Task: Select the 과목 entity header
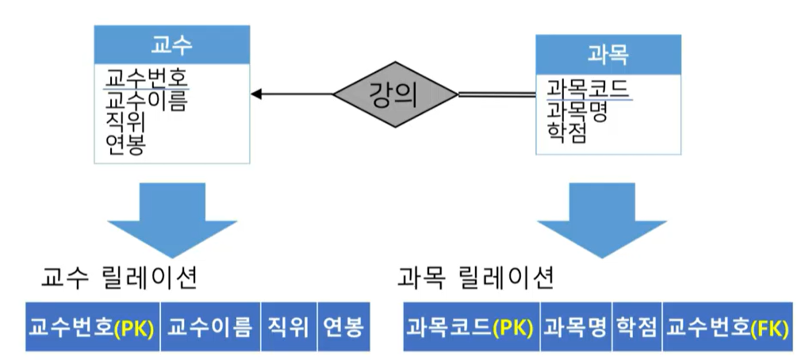[607, 52]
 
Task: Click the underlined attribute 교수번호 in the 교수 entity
[147, 79]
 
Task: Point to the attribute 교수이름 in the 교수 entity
[147, 101]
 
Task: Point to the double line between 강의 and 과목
[496, 95]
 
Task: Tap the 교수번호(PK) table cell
[93, 326]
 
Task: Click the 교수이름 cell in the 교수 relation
[210, 326]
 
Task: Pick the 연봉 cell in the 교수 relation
[343, 326]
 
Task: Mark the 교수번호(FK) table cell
[726, 326]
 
